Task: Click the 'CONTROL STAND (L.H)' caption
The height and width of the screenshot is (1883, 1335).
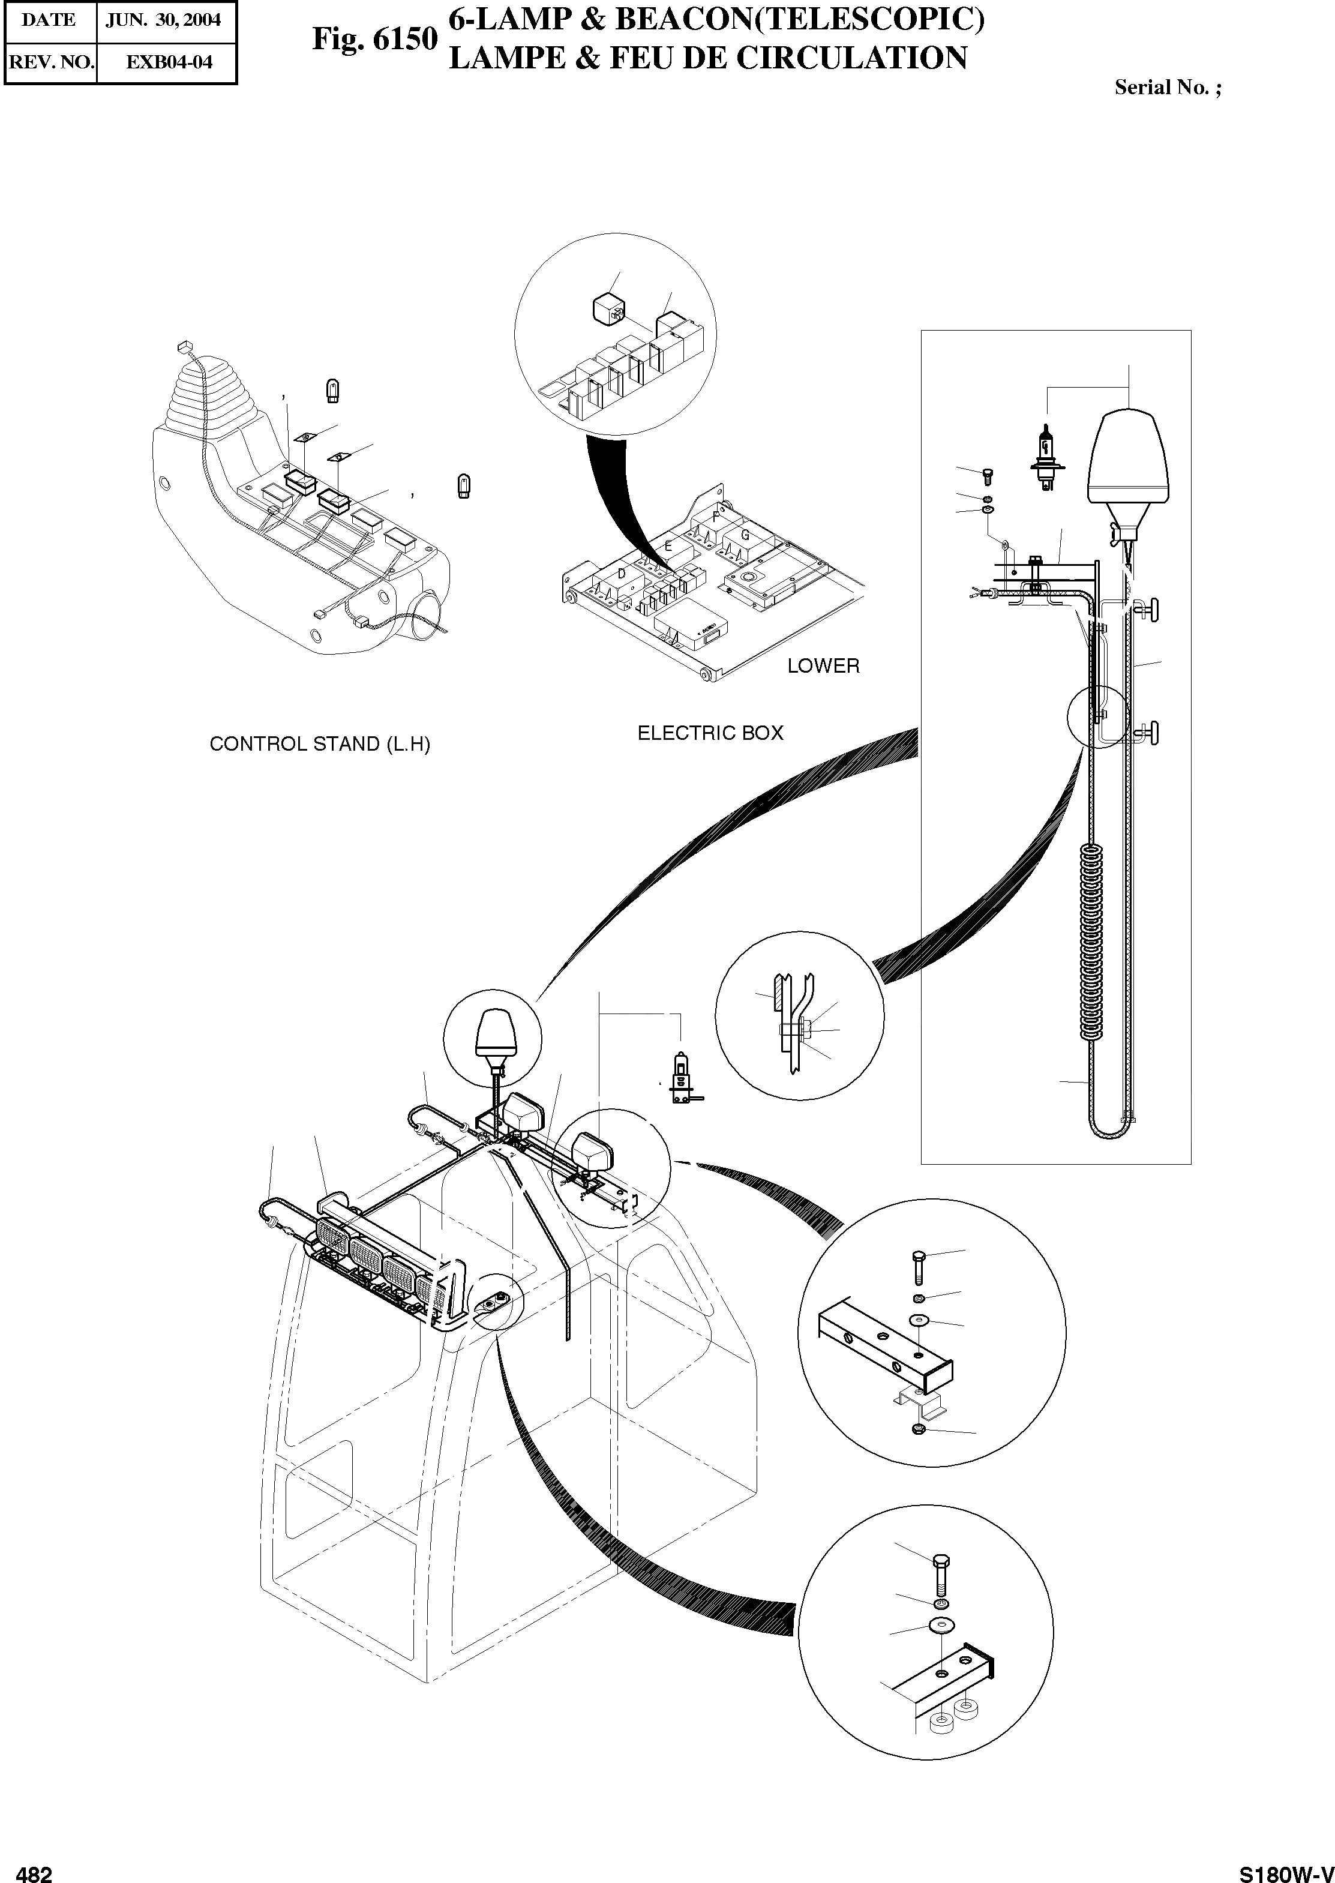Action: [320, 744]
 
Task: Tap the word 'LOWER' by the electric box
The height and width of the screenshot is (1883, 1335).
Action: [823, 665]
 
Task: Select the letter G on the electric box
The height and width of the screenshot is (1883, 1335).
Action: [745, 536]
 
